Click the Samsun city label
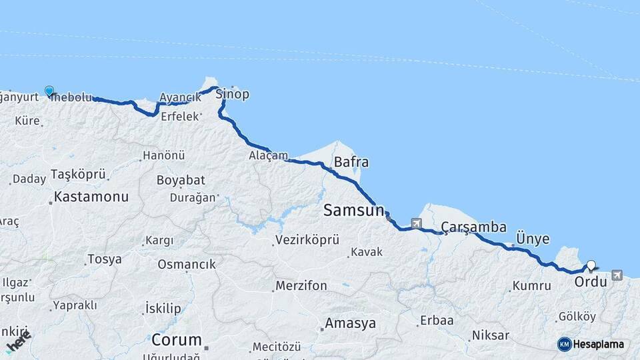[353, 211]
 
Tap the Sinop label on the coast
[232, 94]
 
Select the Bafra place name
[351, 162]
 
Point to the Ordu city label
[591, 282]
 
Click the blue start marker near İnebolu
[49, 91]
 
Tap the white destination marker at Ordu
[591, 266]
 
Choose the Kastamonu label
[91, 197]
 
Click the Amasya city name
[350, 324]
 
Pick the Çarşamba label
[473, 227]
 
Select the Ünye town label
[533, 239]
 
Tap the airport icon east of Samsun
[417, 223]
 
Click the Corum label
[176, 339]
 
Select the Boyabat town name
[181, 180]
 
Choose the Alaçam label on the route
[268, 155]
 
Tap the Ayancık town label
[179, 97]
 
